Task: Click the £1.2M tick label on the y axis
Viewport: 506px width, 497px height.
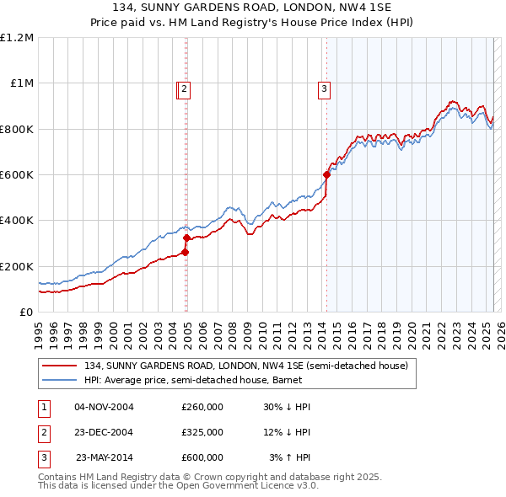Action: point(17,38)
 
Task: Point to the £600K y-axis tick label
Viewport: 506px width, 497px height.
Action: point(17,175)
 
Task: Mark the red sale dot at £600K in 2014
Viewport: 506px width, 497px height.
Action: point(326,175)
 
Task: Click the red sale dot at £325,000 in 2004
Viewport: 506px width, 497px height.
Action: point(186,238)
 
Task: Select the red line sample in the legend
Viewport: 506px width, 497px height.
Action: point(59,366)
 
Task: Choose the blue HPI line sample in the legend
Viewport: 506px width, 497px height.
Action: point(59,381)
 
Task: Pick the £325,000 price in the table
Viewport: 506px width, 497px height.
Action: point(202,432)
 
